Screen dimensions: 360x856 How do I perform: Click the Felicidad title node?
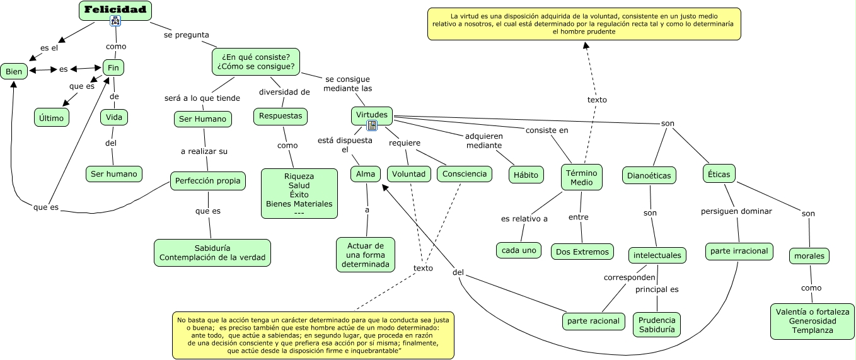(x=115, y=9)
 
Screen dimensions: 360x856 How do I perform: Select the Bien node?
(x=14, y=71)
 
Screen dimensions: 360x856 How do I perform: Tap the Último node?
(x=51, y=117)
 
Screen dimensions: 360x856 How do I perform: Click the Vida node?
(x=114, y=117)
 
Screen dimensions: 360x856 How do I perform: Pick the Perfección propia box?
(x=207, y=180)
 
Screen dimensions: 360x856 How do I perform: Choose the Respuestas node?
(x=281, y=116)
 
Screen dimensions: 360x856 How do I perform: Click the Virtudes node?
(x=371, y=115)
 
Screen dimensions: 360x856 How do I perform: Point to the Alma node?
(x=366, y=173)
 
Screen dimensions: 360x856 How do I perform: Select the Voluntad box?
(x=408, y=173)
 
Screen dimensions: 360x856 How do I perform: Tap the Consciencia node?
(x=465, y=173)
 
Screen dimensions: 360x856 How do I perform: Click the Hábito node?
(x=526, y=175)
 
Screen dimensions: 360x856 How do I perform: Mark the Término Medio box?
(x=582, y=177)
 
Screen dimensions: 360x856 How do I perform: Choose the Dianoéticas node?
(x=649, y=175)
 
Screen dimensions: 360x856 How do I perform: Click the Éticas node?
(x=719, y=173)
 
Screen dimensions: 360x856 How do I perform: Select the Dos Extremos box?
(x=582, y=252)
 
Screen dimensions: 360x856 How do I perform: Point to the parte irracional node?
(x=739, y=251)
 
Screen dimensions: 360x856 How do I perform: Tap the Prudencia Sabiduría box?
(x=657, y=324)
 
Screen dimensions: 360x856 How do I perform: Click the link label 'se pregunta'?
(x=187, y=35)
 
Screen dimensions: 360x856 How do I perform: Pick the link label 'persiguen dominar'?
(x=736, y=211)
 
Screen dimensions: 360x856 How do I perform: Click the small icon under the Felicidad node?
(x=115, y=21)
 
